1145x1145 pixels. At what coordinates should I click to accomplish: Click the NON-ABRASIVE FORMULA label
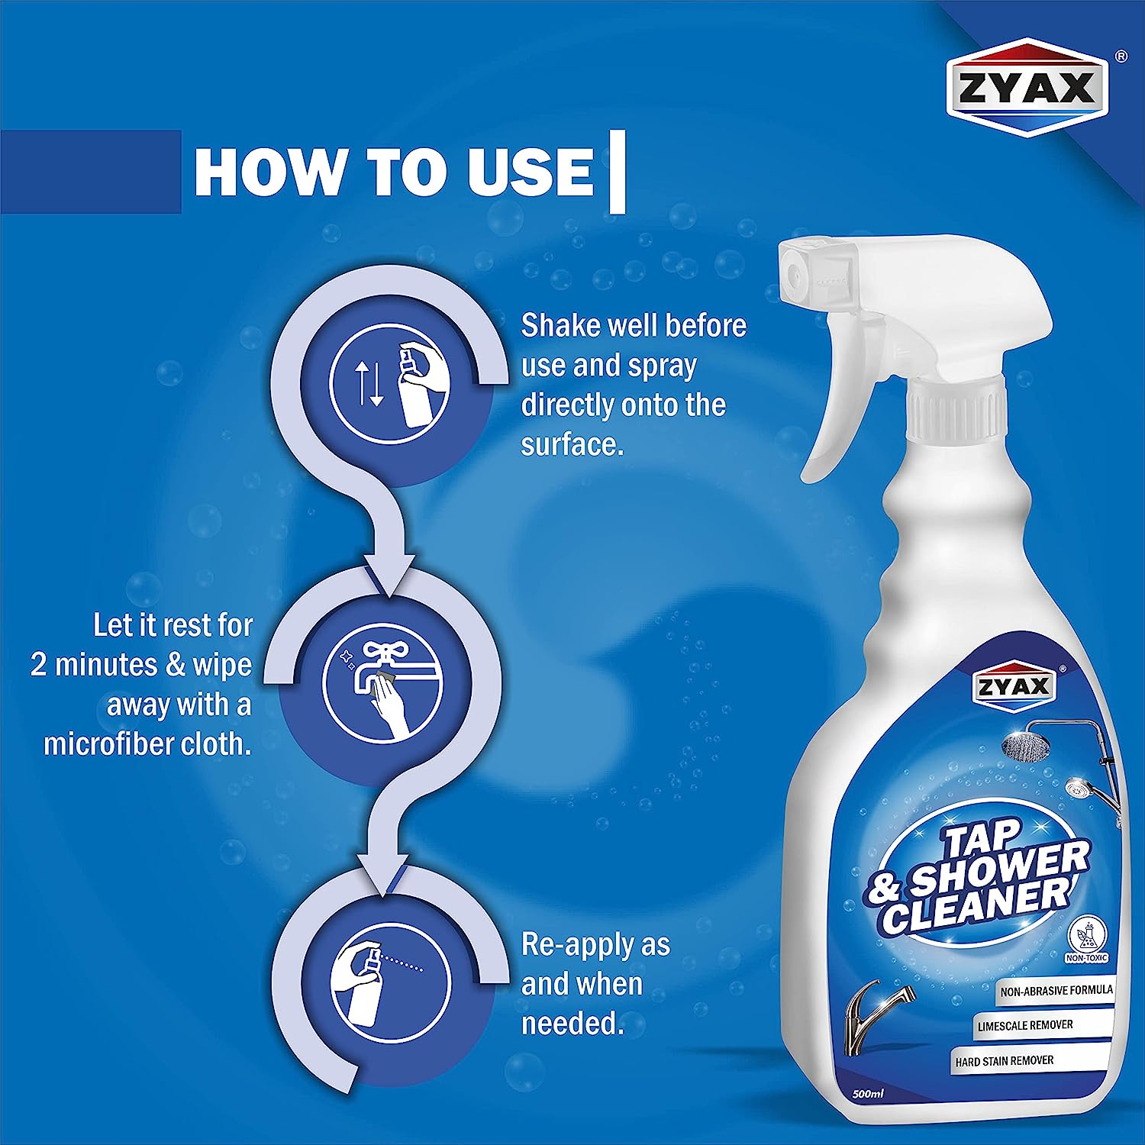(1056, 991)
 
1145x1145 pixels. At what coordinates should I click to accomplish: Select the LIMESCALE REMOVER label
(1024, 1025)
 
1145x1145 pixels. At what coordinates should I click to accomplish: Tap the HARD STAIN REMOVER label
(1004, 1061)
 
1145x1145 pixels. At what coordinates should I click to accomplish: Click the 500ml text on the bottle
(867, 1094)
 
